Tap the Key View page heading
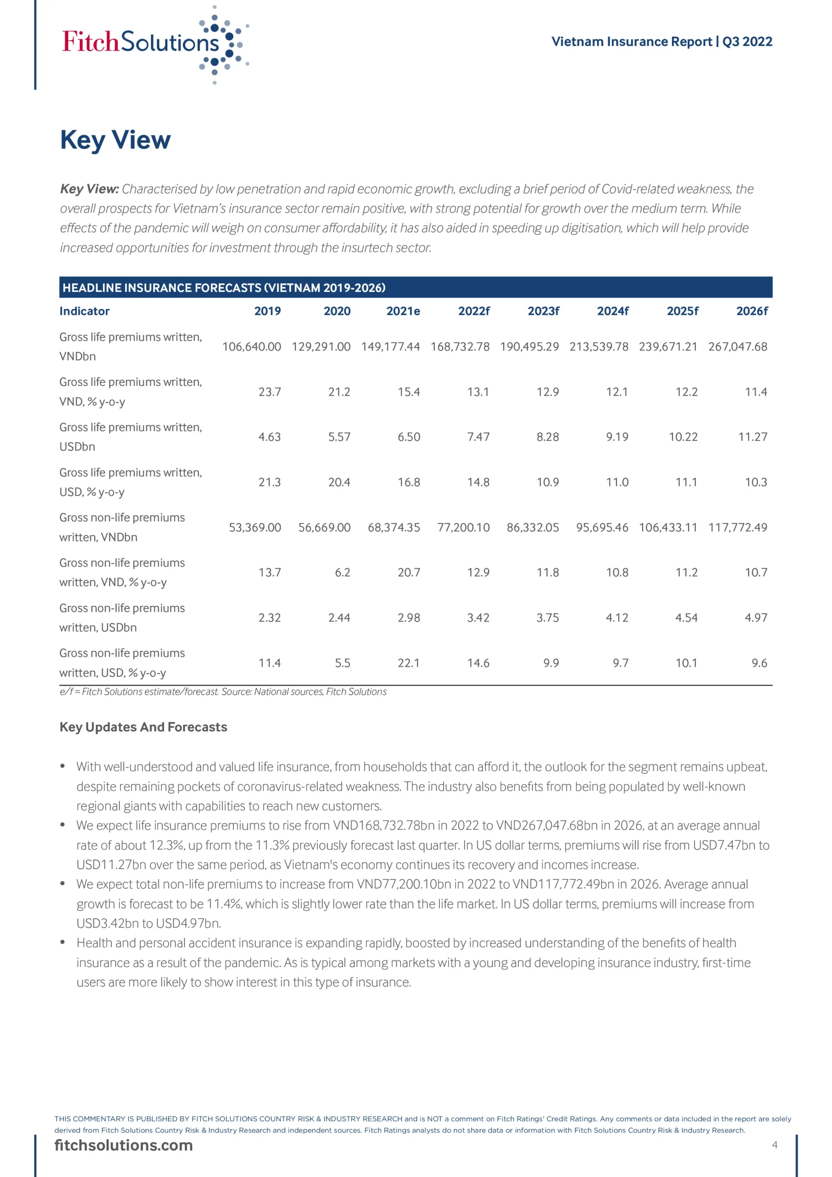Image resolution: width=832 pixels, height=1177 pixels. tap(115, 140)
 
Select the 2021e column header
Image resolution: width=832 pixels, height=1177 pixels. tap(403, 311)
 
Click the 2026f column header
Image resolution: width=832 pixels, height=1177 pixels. tap(752, 311)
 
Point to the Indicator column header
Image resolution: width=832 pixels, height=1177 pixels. tap(85, 311)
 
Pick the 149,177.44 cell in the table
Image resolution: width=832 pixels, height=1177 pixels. tap(390, 347)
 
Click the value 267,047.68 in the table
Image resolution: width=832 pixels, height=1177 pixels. tap(737, 347)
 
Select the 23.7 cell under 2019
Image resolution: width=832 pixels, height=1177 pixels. tap(270, 392)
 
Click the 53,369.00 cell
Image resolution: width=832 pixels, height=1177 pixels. tap(255, 527)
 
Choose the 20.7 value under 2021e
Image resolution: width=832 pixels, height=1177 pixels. tap(409, 572)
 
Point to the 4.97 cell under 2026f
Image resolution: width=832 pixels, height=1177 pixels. tap(756, 618)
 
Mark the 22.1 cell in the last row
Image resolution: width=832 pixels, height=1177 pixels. tap(409, 663)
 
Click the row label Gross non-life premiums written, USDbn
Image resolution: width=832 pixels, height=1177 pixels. tap(122, 618)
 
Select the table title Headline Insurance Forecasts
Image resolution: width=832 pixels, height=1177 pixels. tap(224, 288)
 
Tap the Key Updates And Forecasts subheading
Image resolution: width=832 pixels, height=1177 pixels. tap(143, 727)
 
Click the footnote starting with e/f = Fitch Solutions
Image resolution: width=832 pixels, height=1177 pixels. tap(223, 691)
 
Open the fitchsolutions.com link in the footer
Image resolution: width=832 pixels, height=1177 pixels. tap(124, 1145)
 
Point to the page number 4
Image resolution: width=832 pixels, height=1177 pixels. tap(775, 1145)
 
